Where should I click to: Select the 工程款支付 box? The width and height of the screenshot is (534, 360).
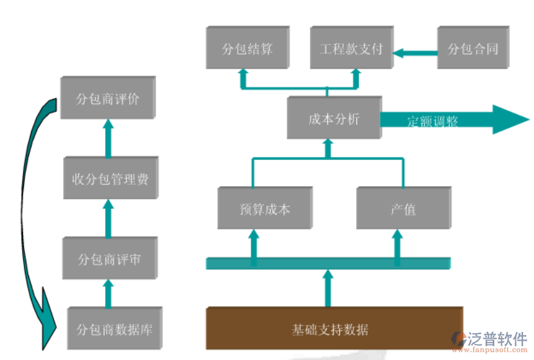tap(351, 48)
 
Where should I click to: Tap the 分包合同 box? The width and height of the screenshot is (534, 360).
tap(472, 48)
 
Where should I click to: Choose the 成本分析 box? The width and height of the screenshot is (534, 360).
tap(334, 118)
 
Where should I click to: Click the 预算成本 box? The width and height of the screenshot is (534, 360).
tap(264, 208)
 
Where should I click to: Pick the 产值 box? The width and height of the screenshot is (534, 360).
tap(403, 208)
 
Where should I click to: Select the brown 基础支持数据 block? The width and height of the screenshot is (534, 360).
tap(334, 328)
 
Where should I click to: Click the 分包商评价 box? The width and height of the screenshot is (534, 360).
tap(107, 98)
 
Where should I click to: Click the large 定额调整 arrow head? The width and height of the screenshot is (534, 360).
tap(511, 119)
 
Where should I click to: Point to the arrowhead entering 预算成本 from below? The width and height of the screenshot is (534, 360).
tap(254, 235)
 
